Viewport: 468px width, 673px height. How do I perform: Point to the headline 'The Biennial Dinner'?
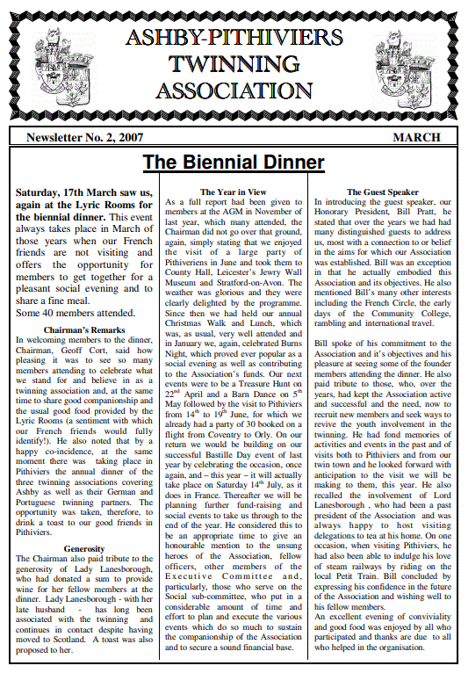[234, 163]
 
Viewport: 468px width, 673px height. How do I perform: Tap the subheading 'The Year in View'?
[234, 191]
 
